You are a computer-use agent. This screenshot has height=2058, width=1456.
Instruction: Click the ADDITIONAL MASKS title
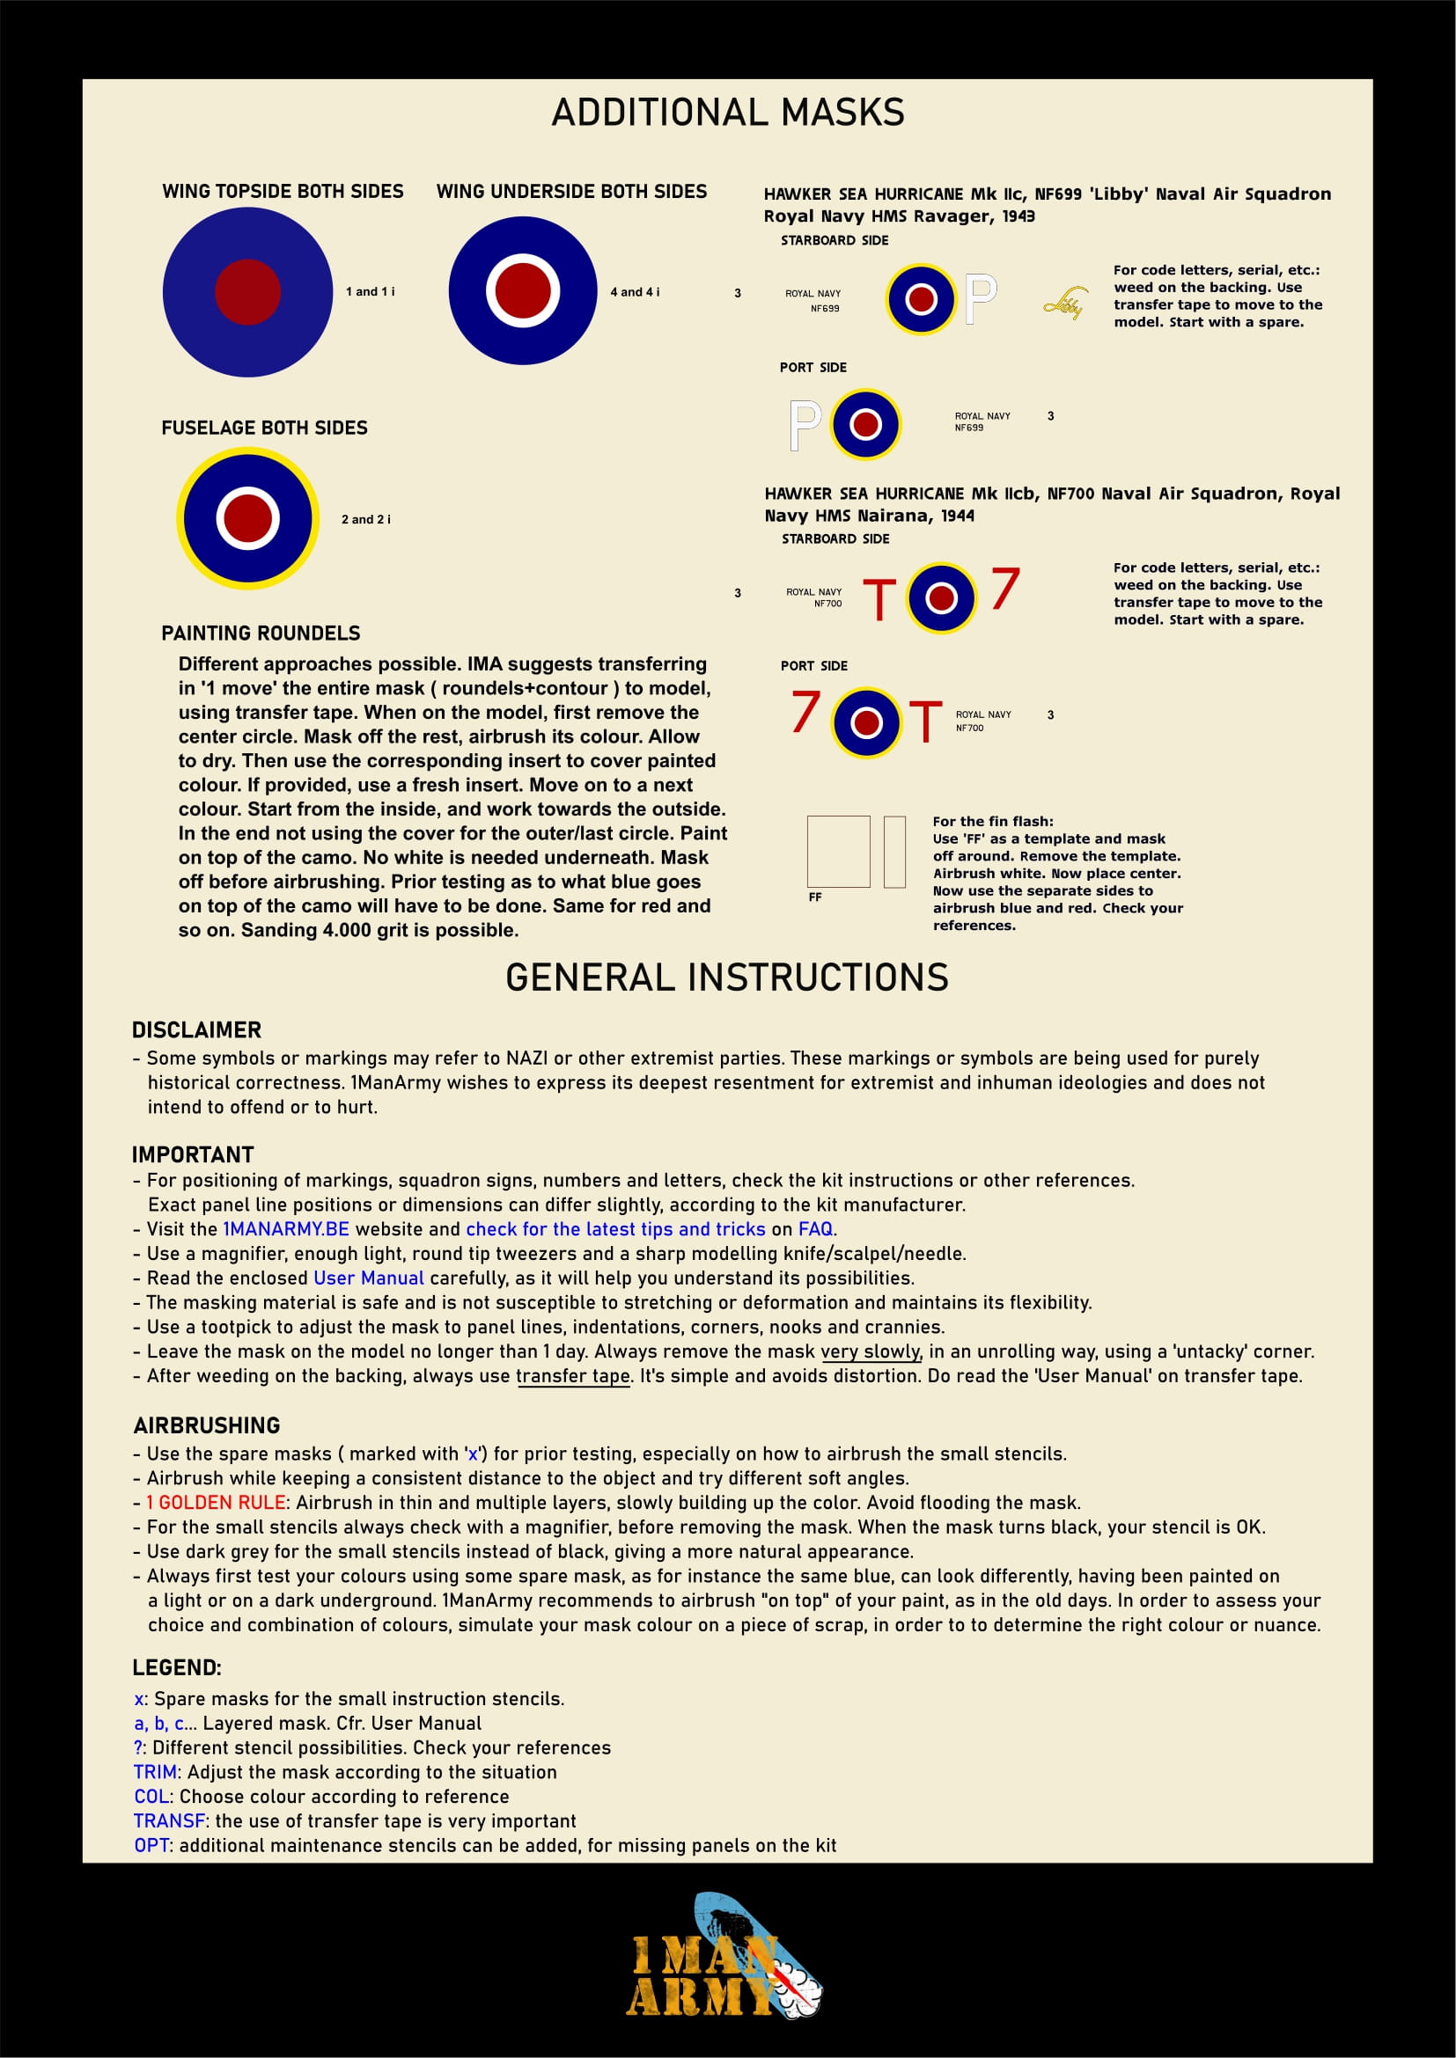(727, 113)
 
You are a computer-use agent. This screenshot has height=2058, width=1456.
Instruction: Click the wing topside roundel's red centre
(247, 292)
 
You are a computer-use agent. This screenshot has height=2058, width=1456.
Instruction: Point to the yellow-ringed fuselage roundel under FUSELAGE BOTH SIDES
(247, 518)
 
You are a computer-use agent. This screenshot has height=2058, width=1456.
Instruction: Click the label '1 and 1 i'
(370, 292)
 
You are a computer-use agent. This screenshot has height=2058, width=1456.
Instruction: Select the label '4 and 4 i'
(634, 292)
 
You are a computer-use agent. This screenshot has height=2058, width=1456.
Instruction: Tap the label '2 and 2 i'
(365, 520)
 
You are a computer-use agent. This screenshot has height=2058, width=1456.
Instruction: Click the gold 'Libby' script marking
(1065, 304)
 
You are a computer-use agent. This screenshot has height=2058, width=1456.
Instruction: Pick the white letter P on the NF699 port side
(805, 425)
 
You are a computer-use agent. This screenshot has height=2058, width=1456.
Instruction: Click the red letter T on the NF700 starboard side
(879, 600)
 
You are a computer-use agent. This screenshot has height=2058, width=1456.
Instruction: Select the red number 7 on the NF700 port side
(805, 712)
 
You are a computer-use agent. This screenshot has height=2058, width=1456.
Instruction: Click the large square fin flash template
(838, 852)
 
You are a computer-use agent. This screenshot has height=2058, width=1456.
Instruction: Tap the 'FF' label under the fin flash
(815, 897)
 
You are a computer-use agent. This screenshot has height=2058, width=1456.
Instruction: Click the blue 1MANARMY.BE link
(286, 1229)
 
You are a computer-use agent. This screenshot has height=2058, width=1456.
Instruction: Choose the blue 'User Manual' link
(369, 1278)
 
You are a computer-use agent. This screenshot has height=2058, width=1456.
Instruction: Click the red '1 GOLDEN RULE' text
(216, 1502)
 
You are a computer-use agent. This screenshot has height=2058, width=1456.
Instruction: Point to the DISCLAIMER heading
(196, 1030)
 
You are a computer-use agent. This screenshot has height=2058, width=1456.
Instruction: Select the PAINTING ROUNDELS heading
(260, 634)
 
